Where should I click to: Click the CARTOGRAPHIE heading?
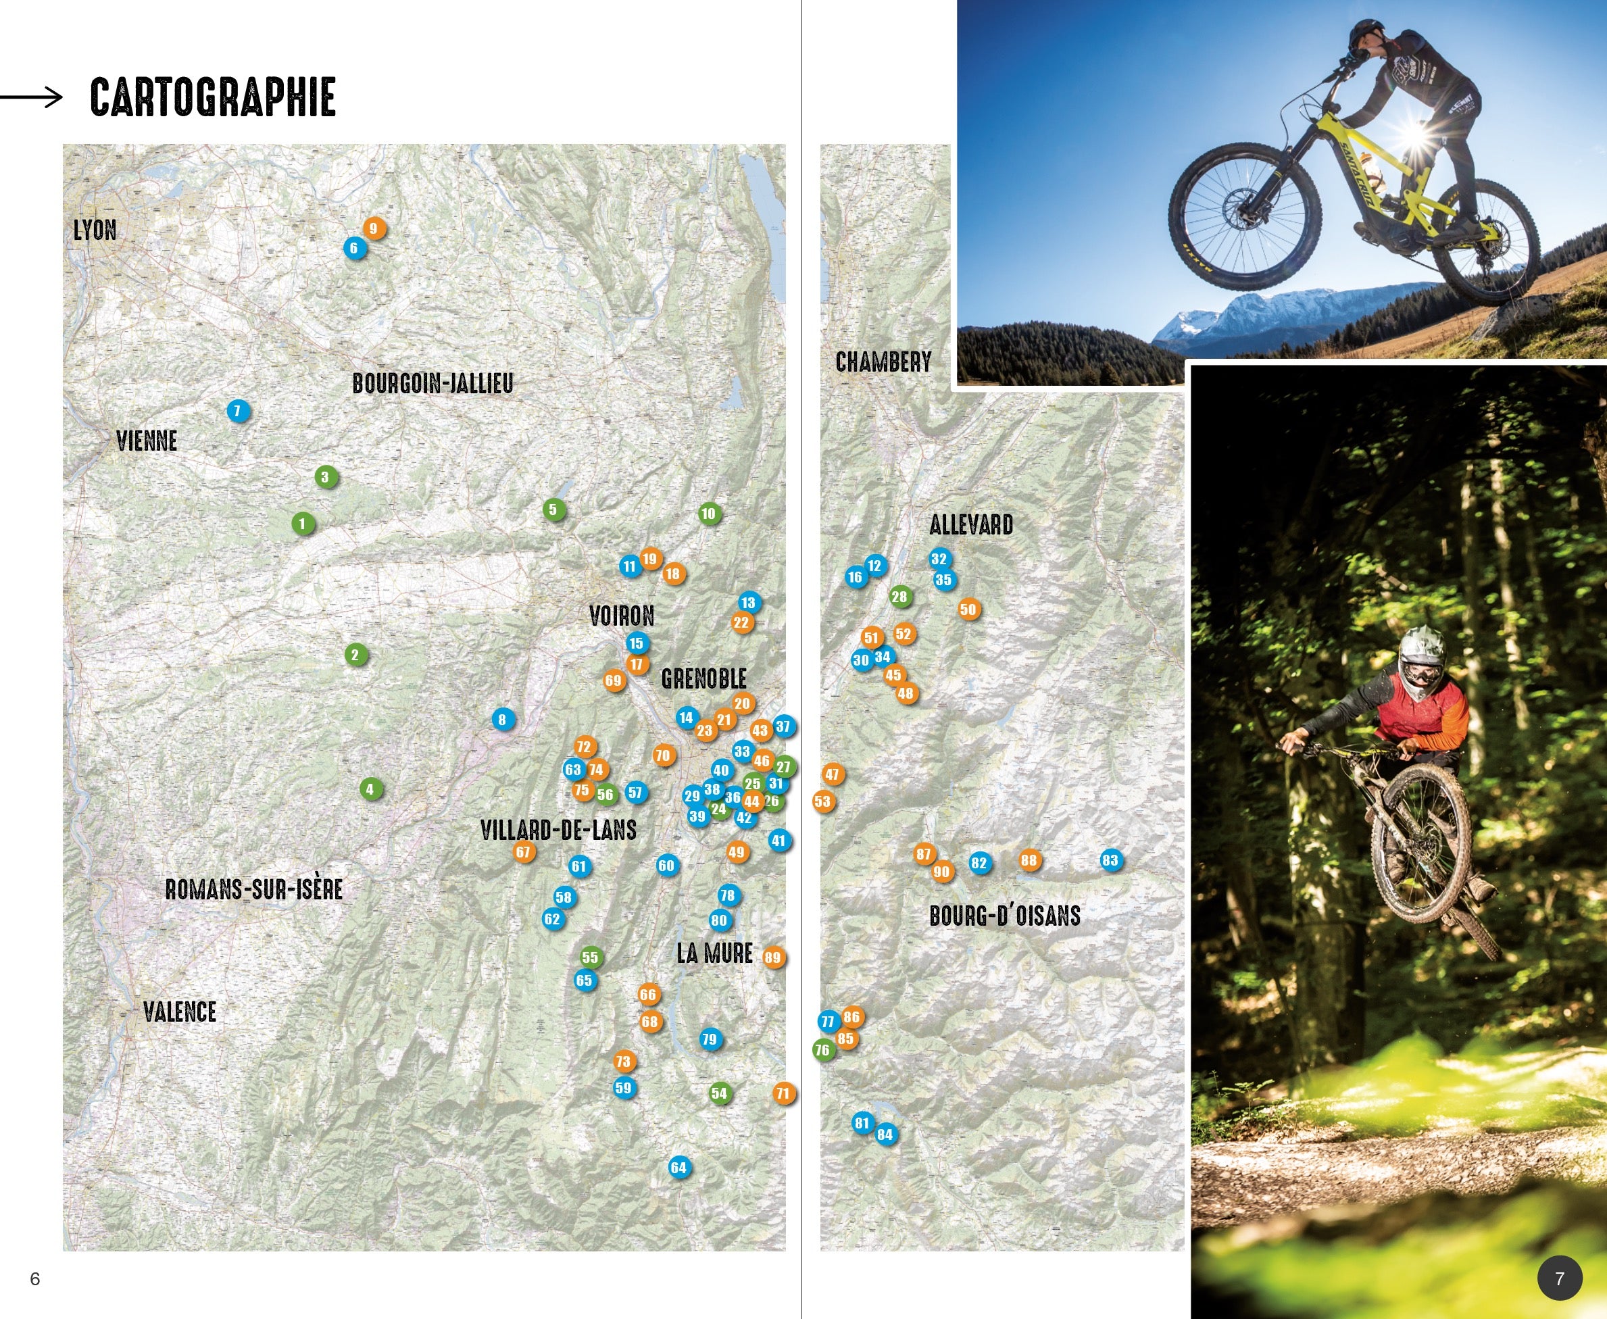point(213,97)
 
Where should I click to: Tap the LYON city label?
point(95,230)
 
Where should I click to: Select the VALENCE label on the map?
point(180,1012)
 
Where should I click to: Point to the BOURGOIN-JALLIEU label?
point(433,384)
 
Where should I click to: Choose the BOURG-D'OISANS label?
point(1004,916)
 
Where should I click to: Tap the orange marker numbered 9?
point(374,228)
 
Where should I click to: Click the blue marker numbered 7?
point(238,411)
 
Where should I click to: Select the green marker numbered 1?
point(302,524)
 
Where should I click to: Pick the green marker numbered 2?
point(355,655)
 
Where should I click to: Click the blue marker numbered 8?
point(502,720)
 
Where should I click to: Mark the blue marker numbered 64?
point(678,1168)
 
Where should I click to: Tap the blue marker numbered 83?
point(1110,860)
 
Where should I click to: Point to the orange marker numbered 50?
point(968,609)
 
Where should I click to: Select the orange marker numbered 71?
point(783,1093)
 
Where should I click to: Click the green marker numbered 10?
point(709,514)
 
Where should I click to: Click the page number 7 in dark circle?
point(1559,1278)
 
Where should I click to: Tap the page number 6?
point(35,1278)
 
